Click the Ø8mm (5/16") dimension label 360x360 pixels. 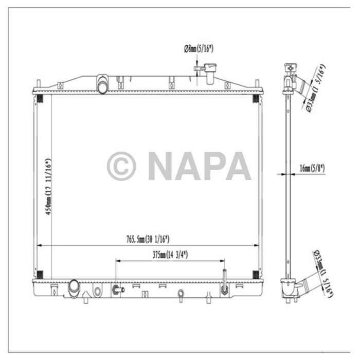coord(199,49)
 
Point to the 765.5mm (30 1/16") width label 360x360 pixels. coord(148,239)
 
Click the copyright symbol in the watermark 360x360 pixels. coord(121,166)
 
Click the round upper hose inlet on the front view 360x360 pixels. coord(103,85)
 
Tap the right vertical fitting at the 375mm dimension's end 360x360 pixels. coord(224,286)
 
